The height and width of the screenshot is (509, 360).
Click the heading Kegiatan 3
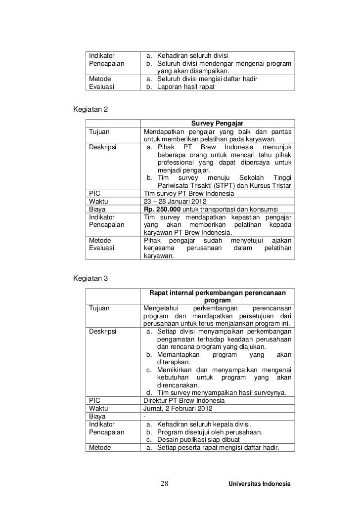coord(90,278)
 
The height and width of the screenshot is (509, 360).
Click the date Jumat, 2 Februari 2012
coord(178,409)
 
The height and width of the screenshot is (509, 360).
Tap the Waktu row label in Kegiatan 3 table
coord(99,409)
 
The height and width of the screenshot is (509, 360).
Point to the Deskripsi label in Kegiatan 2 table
coord(102,147)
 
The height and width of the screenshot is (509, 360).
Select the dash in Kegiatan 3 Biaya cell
coord(144,417)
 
